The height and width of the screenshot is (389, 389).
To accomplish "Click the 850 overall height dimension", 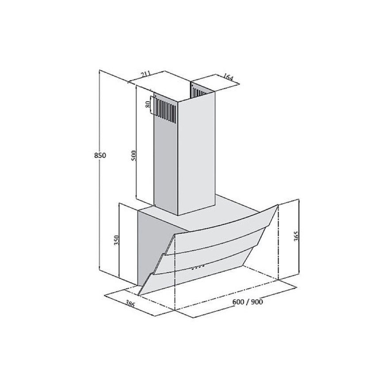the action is click(100, 156).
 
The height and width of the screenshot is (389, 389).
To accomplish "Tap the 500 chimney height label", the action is click(134, 156).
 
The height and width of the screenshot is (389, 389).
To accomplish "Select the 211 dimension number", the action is click(146, 74).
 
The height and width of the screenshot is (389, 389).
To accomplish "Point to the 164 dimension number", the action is click(228, 77).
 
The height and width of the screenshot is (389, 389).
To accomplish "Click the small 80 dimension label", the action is click(148, 104).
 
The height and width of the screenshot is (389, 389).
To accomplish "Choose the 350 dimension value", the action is click(117, 240).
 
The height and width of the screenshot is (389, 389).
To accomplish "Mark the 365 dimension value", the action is click(296, 236).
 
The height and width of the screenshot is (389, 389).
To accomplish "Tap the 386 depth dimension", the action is click(130, 304).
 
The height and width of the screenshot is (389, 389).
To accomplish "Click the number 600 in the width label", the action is click(238, 302).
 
